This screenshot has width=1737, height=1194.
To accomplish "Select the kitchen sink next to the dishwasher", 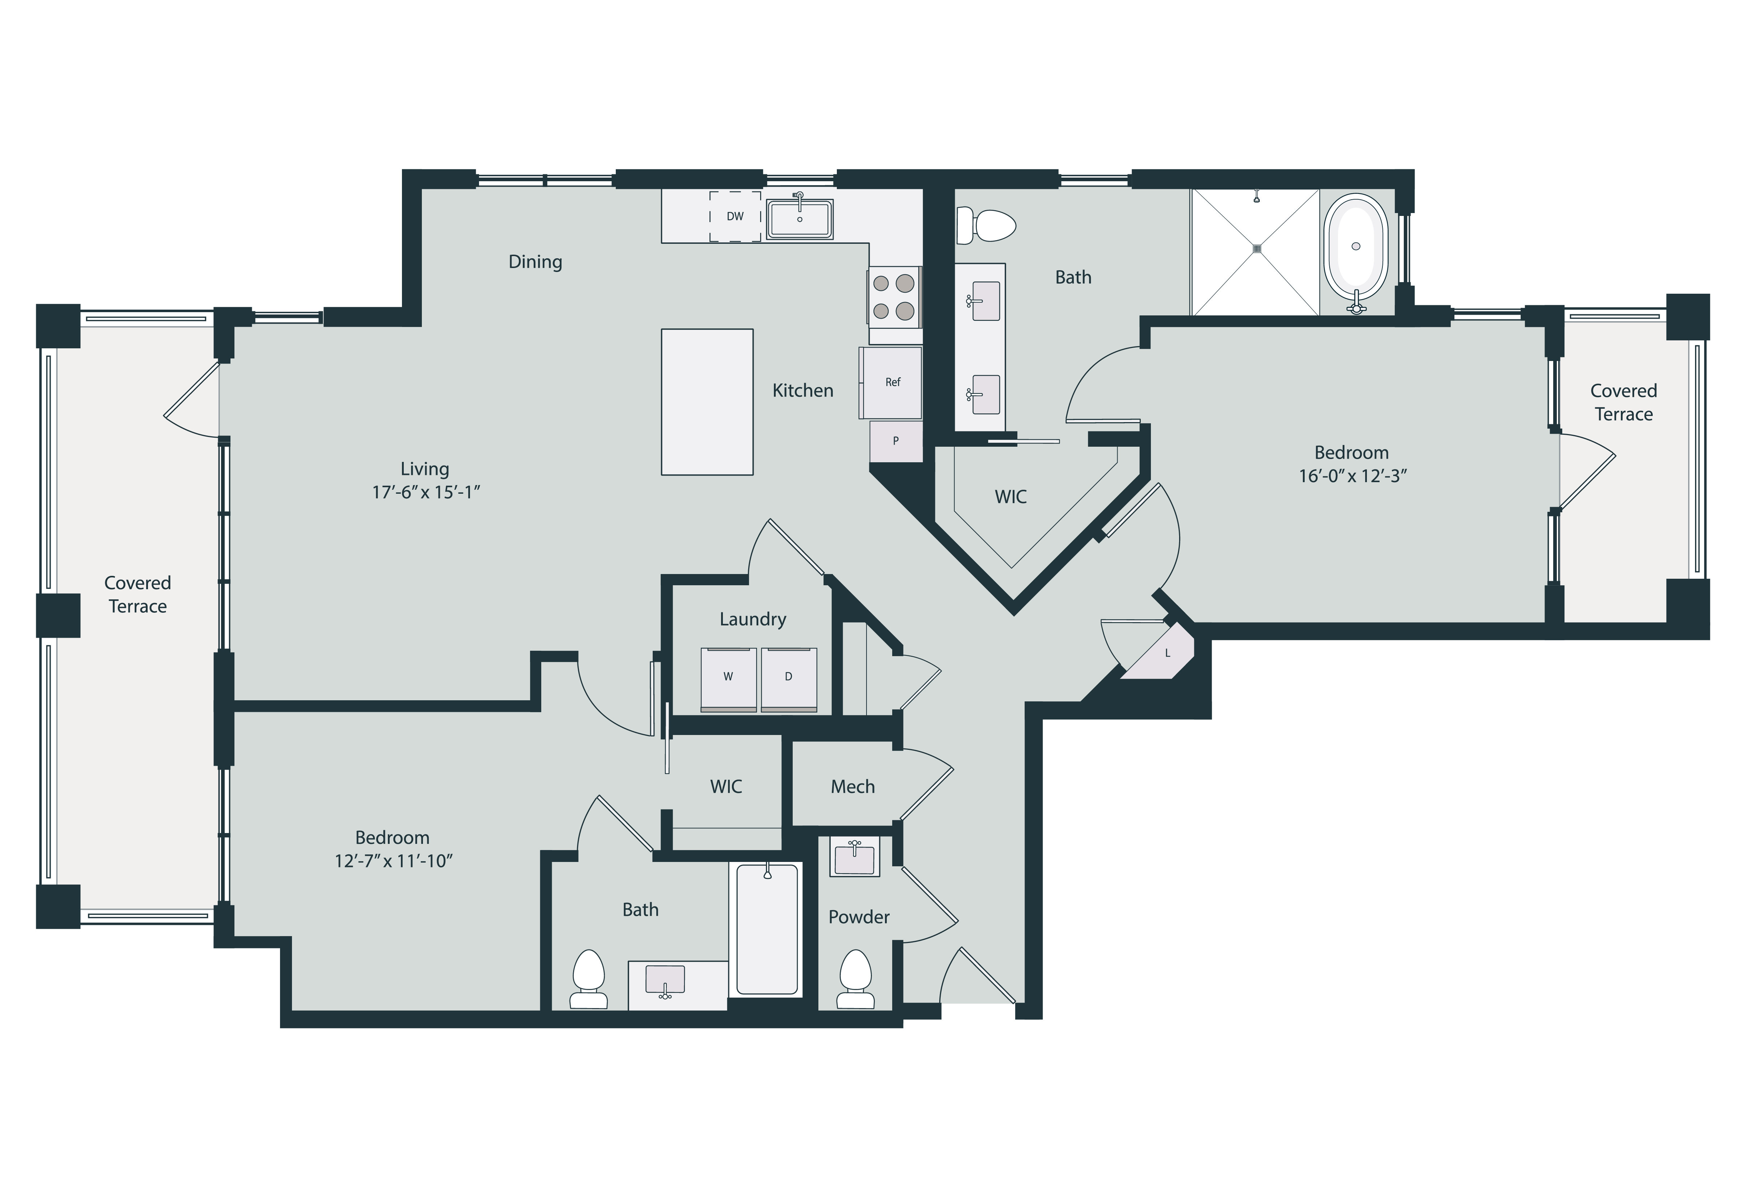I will pos(799,218).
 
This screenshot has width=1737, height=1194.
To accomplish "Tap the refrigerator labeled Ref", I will pos(891,382).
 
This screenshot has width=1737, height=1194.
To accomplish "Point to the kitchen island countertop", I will pos(707,402).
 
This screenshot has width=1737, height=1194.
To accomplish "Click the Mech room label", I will pos(852,787).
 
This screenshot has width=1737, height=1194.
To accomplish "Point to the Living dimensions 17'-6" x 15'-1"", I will pos(425,492).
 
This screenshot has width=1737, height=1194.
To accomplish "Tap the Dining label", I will pos(535,262).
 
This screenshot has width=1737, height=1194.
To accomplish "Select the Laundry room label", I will pos(752,620).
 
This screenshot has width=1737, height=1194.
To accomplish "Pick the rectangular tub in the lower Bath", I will pos(767,929).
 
